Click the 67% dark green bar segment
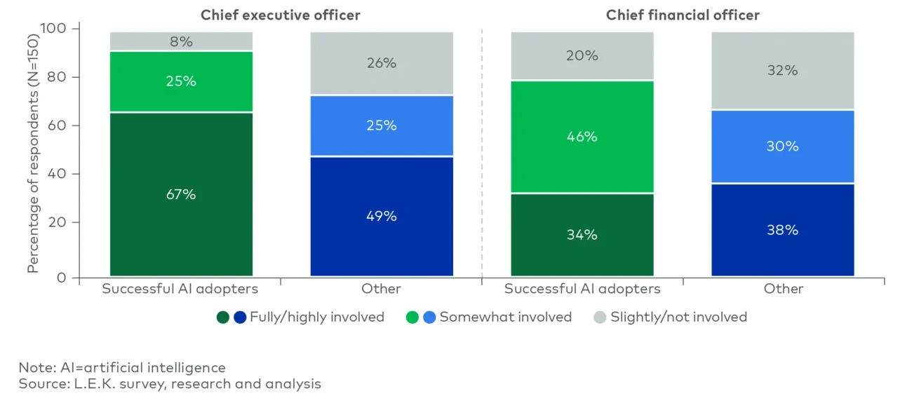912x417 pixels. [x=181, y=194]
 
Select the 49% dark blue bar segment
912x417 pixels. [x=382, y=216]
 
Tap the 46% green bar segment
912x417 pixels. [x=582, y=137]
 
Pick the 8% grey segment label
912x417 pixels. [x=181, y=42]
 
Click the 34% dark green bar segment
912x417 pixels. [x=582, y=235]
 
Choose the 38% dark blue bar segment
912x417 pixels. [x=782, y=230]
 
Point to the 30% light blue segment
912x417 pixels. [x=782, y=146]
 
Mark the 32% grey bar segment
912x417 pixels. [x=782, y=71]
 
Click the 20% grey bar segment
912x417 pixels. [x=582, y=56]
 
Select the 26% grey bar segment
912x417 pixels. [x=382, y=63]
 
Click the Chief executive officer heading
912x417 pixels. [x=281, y=15]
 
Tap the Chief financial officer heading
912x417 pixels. [x=683, y=15]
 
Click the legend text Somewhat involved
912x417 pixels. [x=505, y=317]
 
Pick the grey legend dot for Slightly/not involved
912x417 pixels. [x=600, y=317]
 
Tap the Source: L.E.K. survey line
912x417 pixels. [x=170, y=383]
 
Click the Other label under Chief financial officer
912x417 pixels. [x=784, y=289]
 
